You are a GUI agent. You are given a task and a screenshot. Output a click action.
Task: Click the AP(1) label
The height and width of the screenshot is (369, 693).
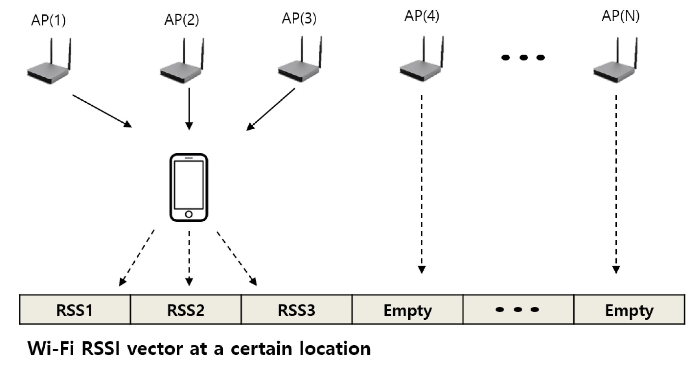[48, 20]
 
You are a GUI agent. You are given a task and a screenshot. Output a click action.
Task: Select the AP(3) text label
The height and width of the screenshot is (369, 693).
[299, 18]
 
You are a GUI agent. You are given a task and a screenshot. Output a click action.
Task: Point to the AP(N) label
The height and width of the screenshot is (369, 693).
[620, 16]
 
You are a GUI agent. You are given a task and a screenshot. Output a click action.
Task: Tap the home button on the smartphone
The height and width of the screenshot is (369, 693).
[189, 214]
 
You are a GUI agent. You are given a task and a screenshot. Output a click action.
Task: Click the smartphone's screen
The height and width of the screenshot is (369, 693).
[189, 184]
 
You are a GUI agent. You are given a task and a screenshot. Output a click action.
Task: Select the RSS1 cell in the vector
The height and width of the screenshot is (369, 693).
[75, 310]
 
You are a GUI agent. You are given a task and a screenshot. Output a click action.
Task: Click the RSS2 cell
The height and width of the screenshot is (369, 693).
[186, 310]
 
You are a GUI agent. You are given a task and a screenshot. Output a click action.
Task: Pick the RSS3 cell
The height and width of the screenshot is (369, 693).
[296, 310]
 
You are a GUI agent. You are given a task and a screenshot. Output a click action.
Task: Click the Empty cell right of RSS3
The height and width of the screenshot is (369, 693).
[407, 310]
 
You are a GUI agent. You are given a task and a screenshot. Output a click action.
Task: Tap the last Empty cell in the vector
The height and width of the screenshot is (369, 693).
[629, 310]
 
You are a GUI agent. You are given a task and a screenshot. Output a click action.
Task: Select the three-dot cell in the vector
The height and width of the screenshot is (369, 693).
[518, 310]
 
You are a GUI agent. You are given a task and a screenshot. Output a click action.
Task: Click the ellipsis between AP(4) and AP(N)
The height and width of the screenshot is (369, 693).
[523, 58]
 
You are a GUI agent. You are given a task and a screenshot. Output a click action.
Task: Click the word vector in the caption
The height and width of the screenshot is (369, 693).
[154, 349]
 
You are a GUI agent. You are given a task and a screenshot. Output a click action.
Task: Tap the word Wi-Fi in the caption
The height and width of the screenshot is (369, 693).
[51, 349]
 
